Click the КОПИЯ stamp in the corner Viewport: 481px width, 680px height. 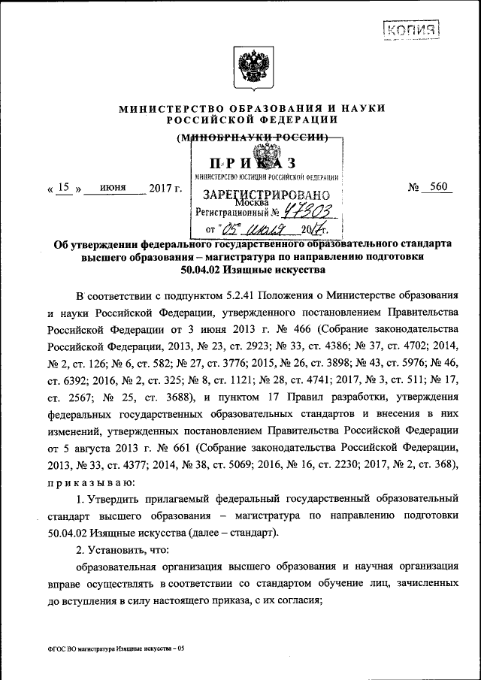click(x=410, y=30)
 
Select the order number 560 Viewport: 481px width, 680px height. click(x=437, y=188)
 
